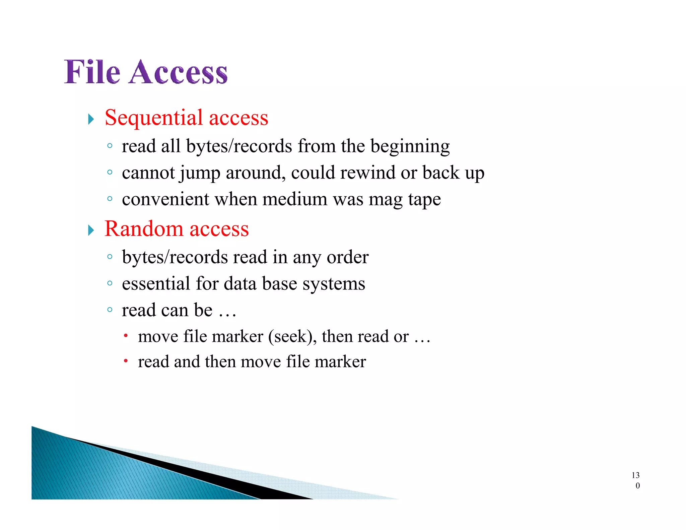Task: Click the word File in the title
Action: coord(92,72)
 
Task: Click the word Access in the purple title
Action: coord(178,72)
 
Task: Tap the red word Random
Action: coord(144,229)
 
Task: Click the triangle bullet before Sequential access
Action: coord(91,119)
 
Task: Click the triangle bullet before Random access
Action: coord(91,230)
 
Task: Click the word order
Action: coord(347,257)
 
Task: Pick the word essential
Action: coord(156,283)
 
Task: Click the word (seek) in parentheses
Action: coord(292,337)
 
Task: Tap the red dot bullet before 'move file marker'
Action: coord(126,335)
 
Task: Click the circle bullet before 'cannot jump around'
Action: coord(110,172)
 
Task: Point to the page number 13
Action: coord(635,475)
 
